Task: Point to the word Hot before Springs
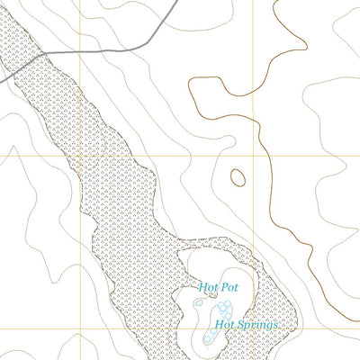(224, 323)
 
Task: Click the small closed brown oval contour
(238, 177)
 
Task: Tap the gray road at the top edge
(173, 2)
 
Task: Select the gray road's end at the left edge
(2, 82)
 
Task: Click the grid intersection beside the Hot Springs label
(253, 329)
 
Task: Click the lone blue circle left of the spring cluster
(197, 302)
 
